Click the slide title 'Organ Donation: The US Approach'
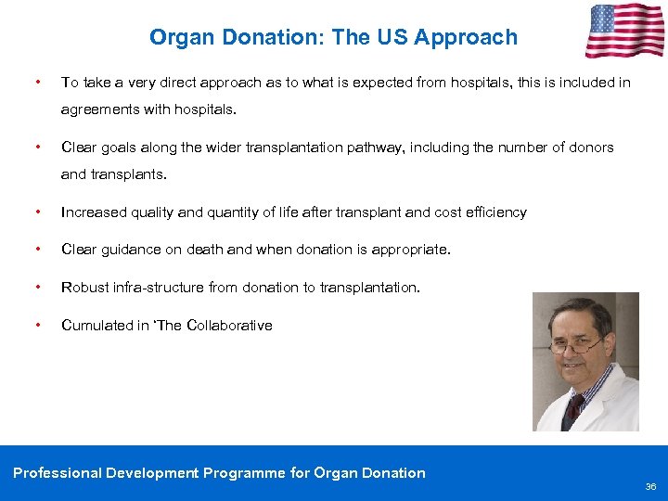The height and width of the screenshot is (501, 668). [x=333, y=38]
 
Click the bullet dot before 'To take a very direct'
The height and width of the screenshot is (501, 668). [x=36, y=83]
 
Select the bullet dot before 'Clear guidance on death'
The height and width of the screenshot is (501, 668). [x=36, y=250]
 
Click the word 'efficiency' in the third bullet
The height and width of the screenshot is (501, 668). [x=495, y=212]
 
